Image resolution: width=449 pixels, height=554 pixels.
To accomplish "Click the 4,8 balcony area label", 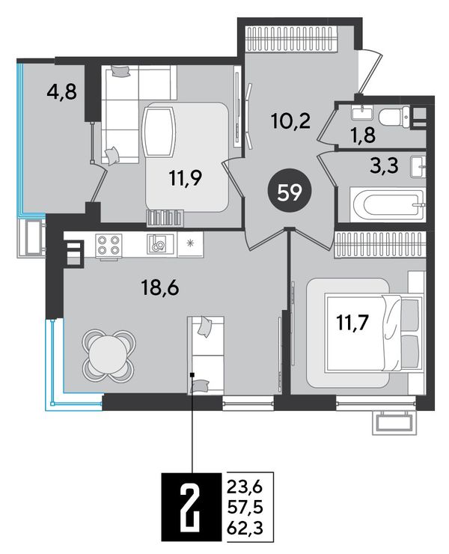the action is point(61,93).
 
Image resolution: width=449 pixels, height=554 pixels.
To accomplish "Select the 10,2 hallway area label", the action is point(291,121).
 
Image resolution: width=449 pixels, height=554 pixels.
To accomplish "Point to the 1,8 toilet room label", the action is point(363,135).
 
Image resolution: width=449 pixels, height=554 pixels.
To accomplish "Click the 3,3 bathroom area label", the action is point(384,165).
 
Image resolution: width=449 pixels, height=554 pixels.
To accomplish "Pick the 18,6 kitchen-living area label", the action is point(160,288).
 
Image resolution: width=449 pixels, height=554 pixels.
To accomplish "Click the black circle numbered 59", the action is point(290,193).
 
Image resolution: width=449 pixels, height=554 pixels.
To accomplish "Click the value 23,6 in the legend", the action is point(245,488).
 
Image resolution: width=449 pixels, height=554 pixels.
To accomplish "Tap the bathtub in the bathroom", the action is point(388,204).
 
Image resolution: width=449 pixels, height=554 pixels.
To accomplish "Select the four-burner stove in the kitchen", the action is point(109,245).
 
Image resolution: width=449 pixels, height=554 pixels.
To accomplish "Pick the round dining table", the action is point(108,354).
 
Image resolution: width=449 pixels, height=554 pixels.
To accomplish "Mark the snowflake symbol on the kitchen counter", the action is point(191,243).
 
